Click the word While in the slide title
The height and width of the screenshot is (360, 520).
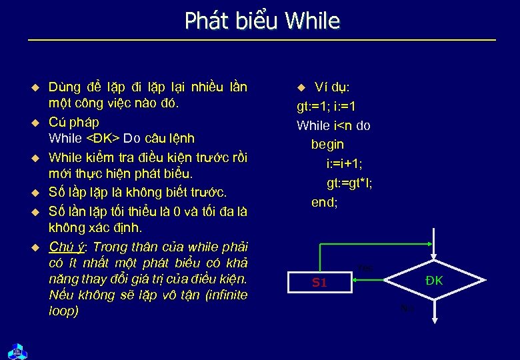tap(311, 21)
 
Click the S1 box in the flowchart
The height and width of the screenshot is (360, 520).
tap(319, 282)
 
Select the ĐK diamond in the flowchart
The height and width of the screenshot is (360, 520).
tap(434, 281)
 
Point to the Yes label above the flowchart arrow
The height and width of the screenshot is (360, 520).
tap(365, 268)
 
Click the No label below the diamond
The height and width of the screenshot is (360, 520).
tap(407, 308)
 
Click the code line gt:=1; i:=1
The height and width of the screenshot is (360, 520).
tap(326, 106)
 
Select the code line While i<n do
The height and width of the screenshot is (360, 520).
tap(333, 125)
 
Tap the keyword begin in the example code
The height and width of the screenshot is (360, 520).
tap(327, 144)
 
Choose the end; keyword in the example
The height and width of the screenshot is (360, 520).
tap(325, 202)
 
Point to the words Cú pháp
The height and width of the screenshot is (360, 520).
tap(73, 122)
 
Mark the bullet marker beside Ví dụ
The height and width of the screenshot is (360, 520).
tap(301, 87)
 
